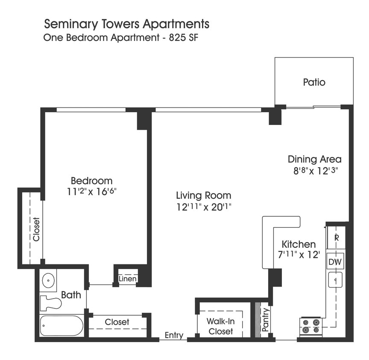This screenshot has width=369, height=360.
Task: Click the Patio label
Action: (x=314, y=82)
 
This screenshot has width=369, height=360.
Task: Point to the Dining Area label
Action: (x=314, y=160)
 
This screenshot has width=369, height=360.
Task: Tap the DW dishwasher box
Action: (x=335, y=262)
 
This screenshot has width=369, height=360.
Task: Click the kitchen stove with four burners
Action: (x=310, y=326)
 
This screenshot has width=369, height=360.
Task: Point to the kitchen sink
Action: (x=336, y=280)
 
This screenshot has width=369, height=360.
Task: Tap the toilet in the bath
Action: (x=50, y=303)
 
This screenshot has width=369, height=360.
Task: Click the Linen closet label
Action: (x=128, y=279)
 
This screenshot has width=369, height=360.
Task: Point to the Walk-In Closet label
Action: (x=220, y=326)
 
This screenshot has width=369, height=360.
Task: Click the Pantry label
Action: (x=265, y=319)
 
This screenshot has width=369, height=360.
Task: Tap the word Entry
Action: (x=174, y=336)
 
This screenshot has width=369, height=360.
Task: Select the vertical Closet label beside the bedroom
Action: (x=36, y=229)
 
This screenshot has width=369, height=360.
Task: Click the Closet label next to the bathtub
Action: (x=117, y=322)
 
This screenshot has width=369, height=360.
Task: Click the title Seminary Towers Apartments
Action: (x=127, y=23)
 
